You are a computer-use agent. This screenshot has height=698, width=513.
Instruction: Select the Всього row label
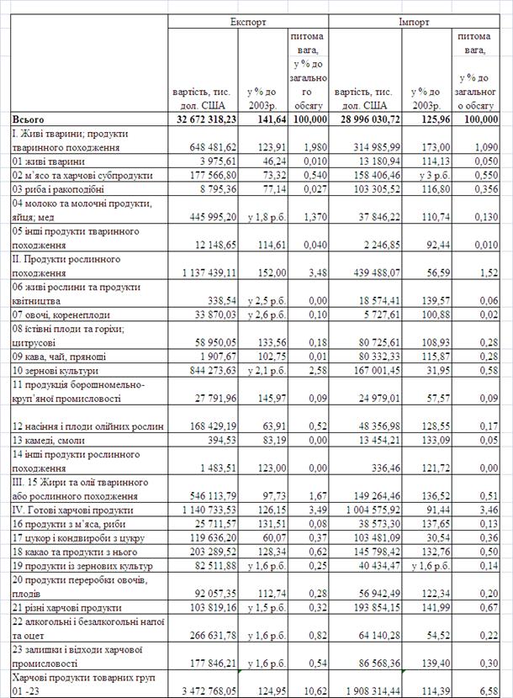28,119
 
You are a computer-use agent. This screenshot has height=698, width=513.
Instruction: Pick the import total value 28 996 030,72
368,119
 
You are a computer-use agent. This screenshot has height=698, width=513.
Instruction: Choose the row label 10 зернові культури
56,370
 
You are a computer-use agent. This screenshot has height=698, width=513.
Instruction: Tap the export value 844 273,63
209,370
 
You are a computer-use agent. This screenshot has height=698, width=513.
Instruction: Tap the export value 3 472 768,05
206,691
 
